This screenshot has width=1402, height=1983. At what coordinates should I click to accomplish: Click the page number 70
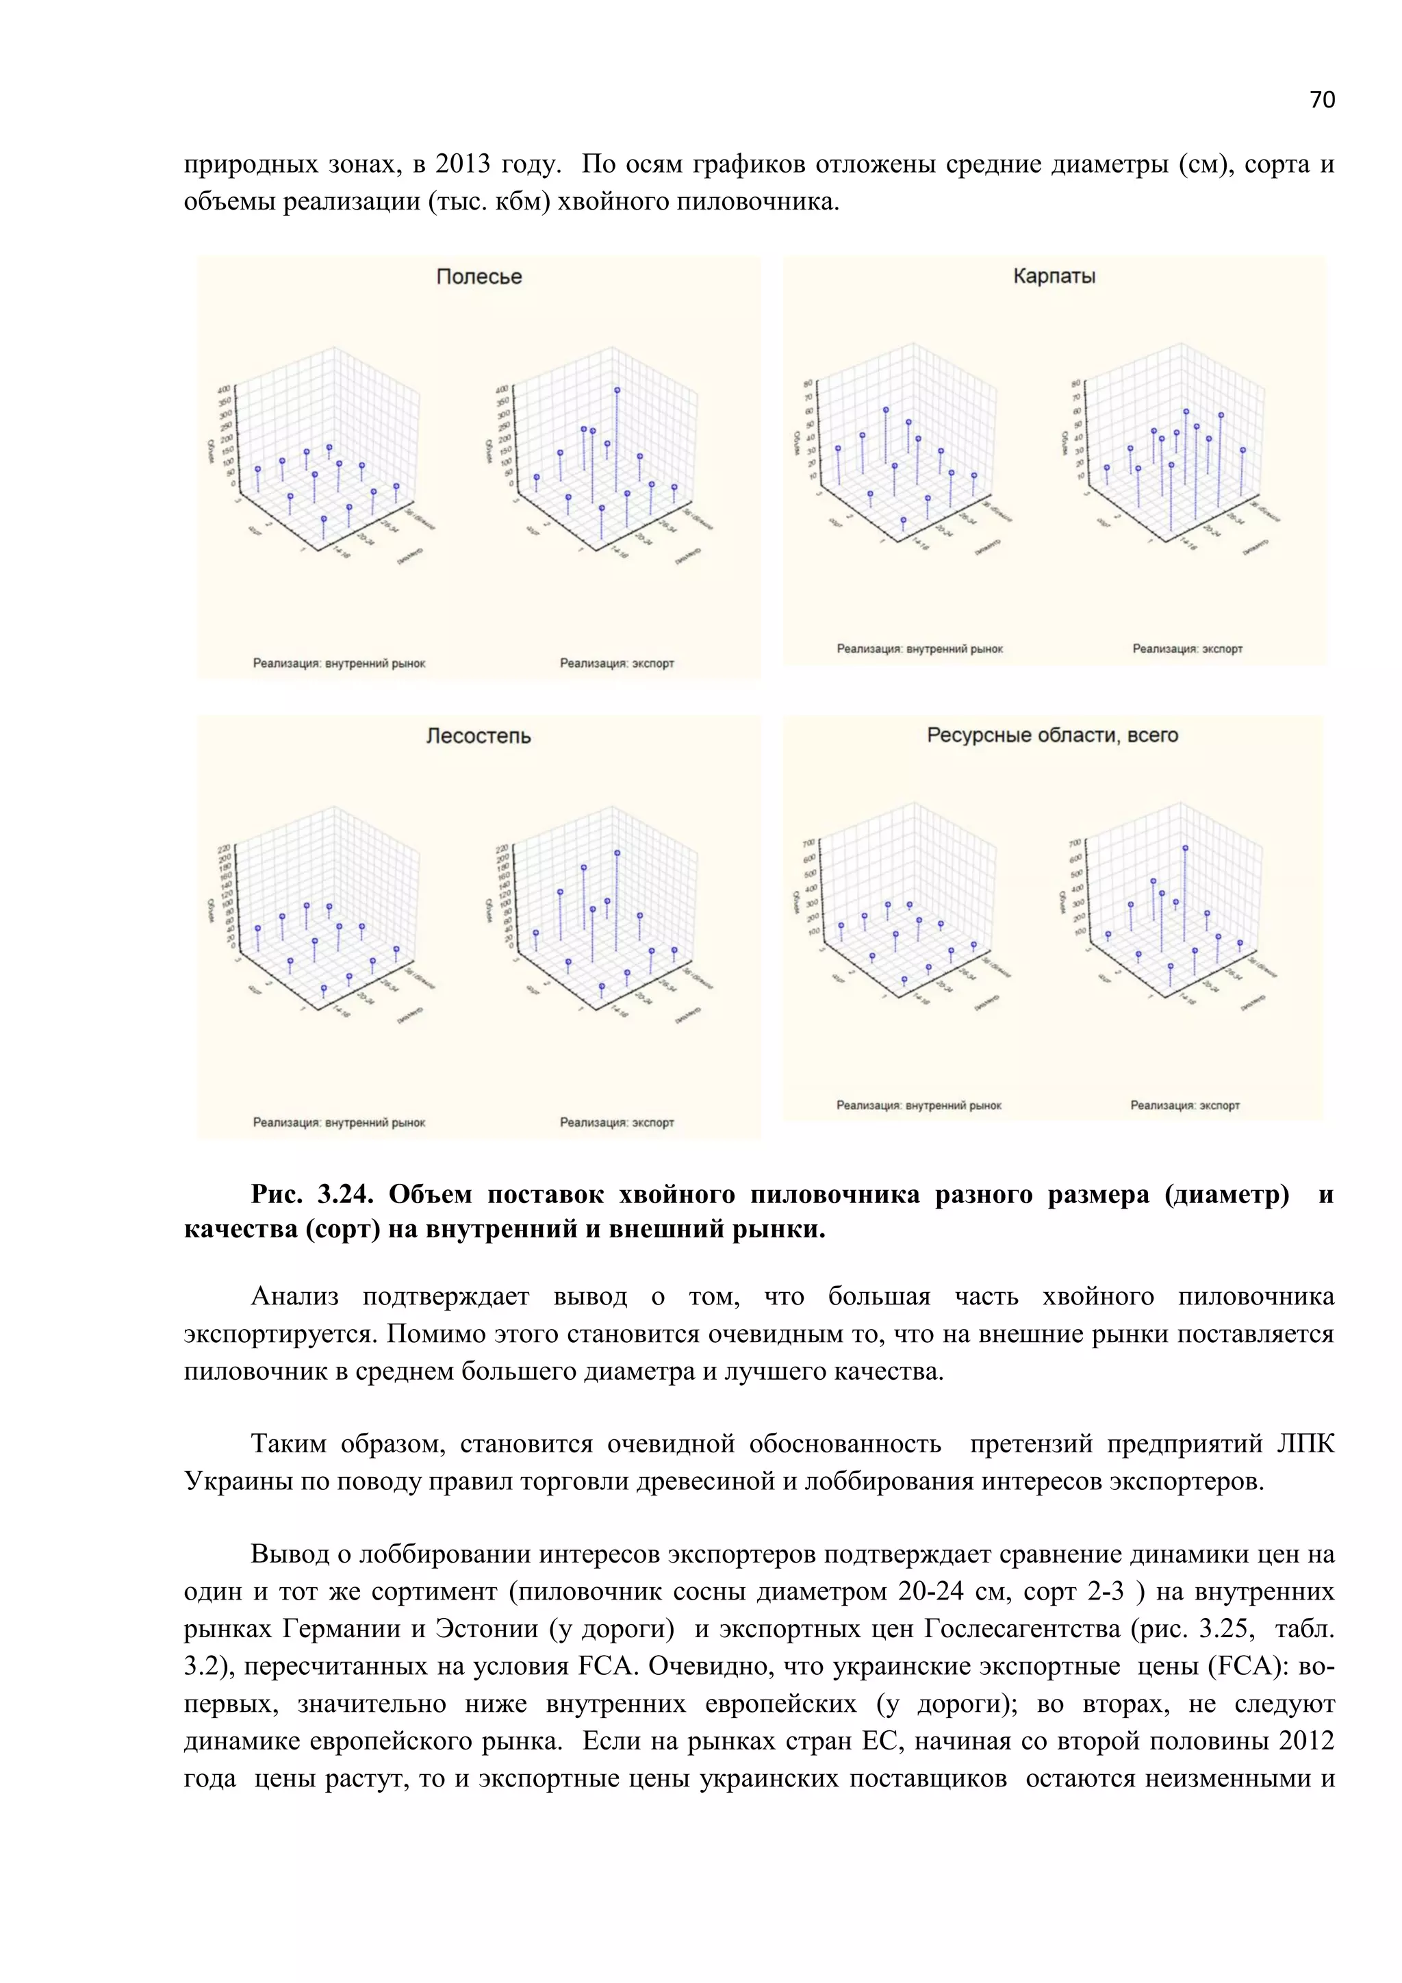point(1322,100)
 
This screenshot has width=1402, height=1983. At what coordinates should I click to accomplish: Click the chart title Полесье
point(479,277)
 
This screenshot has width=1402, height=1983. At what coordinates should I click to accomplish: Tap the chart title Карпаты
point(1054,277)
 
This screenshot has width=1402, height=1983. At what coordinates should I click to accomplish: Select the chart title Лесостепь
point(479,736)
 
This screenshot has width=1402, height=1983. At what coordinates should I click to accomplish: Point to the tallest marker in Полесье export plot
point(617,390)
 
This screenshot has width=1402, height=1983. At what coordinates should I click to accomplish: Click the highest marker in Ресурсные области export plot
point(1185,848)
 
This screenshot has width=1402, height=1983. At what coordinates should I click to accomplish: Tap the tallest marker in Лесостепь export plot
point(617,852)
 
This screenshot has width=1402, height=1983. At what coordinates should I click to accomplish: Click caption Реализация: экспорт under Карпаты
point(1187,648)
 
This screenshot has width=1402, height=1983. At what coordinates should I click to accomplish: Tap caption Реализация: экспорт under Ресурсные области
point(1184,1105)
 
